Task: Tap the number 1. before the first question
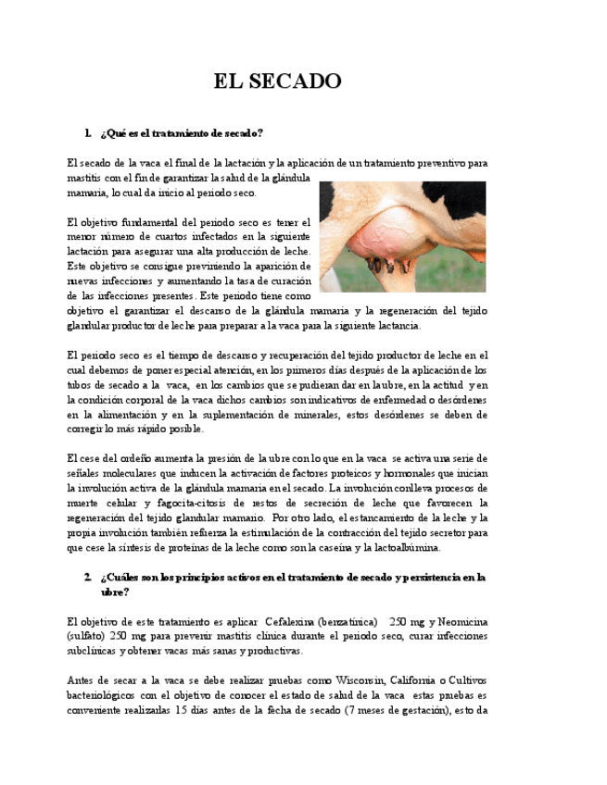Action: click(87, 133)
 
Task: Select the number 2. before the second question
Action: click(87, 578)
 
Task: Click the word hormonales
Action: click(414, 473)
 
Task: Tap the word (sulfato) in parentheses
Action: click(86, 636)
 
